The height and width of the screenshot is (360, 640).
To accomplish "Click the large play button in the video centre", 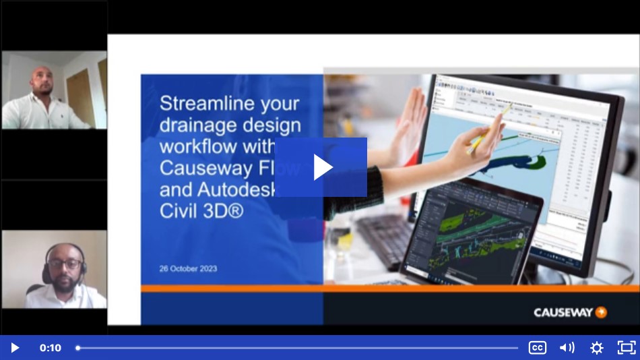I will pyautogui.click(x=321, y=167).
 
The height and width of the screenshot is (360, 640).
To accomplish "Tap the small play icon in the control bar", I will pyautogui.click(x=15, y=348).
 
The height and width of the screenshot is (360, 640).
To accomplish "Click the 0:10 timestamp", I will pyautogui.click(x=51, y=348).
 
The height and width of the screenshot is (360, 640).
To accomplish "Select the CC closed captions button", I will pyautogui.click(x=537, y=348).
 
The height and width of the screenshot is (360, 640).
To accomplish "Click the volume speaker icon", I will pyautogui.click(x=567, y=348).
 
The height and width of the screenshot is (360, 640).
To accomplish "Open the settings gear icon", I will pyautogui.click(x=597, y=348).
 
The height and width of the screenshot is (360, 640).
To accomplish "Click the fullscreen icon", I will pyautogui.click(x=627, y=348).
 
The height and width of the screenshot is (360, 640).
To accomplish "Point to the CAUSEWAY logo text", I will pyautogui.click(x=563, y=313).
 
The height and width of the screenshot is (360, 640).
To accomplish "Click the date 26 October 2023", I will pyautogui.click(x=188, y=268).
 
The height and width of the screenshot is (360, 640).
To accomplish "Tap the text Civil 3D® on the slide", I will pyautogui.click(x=201, y=211).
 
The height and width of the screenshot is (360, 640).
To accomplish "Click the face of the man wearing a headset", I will pyautogui.click(x=65, y=264).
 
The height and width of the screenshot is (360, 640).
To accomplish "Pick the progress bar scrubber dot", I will pyautogui.click(x=77, y=348).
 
